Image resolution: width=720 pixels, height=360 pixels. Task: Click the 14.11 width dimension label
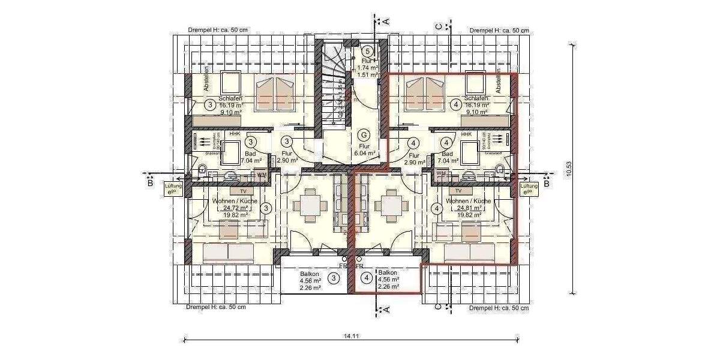click(351, 336)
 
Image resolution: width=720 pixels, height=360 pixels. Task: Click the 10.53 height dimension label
click(568, 172)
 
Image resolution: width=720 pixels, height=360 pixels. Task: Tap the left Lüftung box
click(173, 190)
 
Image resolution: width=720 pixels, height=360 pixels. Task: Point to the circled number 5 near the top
click(369, 52)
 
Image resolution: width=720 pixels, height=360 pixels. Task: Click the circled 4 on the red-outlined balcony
click(367, 278)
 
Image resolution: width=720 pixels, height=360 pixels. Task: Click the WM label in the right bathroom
click(442, 174)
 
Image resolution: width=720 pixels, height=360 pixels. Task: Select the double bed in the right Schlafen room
click(427, 93)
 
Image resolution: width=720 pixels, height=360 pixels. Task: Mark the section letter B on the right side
click(547, 184)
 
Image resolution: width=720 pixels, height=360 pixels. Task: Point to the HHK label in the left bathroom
click(234, 134)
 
